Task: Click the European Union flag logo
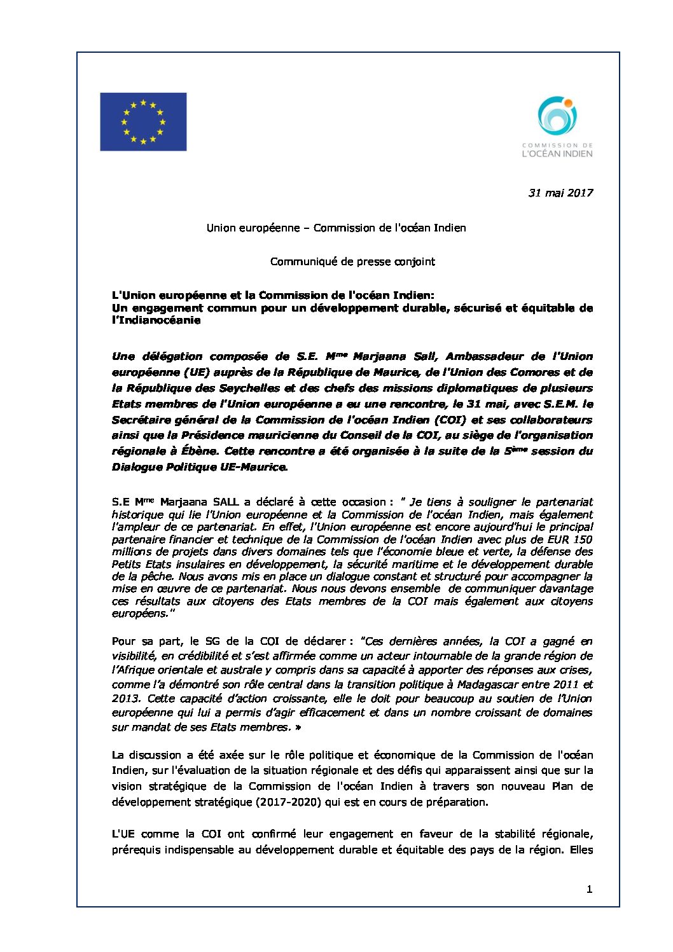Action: pos(143,121)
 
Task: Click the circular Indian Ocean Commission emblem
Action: pos(557,117)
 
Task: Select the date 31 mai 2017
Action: pos(560,193)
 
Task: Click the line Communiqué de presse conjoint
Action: pos(352,261)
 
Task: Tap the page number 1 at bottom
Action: pos(589,890)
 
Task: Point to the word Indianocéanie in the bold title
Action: pos(156,321)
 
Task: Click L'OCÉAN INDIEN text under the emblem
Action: pos(557,153)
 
